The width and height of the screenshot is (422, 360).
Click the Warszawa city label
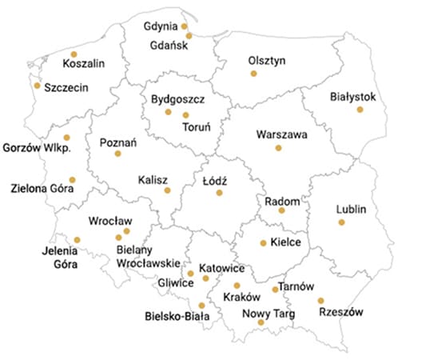click(x=281, y=134)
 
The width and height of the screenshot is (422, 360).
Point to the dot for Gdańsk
click(x=185, y=34)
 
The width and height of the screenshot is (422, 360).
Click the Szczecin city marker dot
click(x=37, y=86)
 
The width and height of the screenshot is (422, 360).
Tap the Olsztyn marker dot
click(x=253, y=74)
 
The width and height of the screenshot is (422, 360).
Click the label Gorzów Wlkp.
click(x=38, y=148)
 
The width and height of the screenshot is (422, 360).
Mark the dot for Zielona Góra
click(x=72, y=180)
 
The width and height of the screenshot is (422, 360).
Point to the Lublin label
click(x=350, y=209)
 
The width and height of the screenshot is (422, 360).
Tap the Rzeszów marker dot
click(x=320, y=301)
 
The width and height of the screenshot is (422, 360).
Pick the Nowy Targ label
click(x=268, y=314)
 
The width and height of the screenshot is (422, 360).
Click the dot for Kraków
click(x=237, y=286)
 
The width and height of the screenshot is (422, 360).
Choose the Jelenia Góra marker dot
click(x=77, y=239)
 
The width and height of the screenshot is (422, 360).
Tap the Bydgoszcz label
click(x=177, y=99)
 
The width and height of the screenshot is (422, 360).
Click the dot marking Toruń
click(x=186, y=115)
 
